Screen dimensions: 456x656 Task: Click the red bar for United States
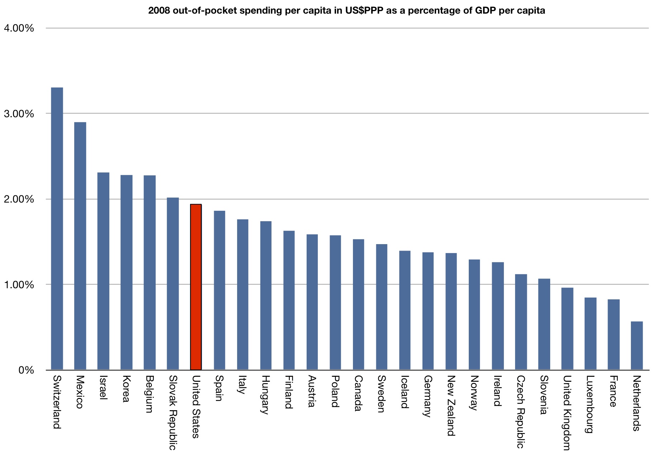[196, 287]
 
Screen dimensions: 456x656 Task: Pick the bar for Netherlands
[637, 346]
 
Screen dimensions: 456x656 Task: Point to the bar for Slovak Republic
[173, 284]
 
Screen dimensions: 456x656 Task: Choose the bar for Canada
[358, 304]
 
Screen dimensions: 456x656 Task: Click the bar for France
[613, 334]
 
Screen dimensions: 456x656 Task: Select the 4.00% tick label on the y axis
[19, 28]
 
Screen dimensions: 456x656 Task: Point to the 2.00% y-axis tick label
[19, 199]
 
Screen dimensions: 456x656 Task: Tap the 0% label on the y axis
[26, 370]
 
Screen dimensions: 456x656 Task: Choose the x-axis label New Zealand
[451, 405]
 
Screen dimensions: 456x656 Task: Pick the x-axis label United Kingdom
[567, 413]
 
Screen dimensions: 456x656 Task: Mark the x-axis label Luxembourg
[590, 404]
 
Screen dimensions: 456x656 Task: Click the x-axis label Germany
[428, 396]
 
